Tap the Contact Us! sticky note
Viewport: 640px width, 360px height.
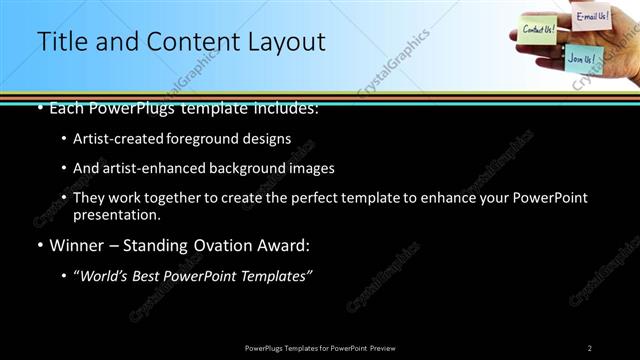point(539,29)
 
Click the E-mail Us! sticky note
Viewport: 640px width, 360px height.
point(592,16)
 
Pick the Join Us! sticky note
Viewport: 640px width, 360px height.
point(581,58)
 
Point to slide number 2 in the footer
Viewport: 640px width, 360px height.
point(590,347)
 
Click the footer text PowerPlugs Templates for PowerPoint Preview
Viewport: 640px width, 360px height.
point(320,347)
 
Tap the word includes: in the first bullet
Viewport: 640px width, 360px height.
point(284,107)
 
